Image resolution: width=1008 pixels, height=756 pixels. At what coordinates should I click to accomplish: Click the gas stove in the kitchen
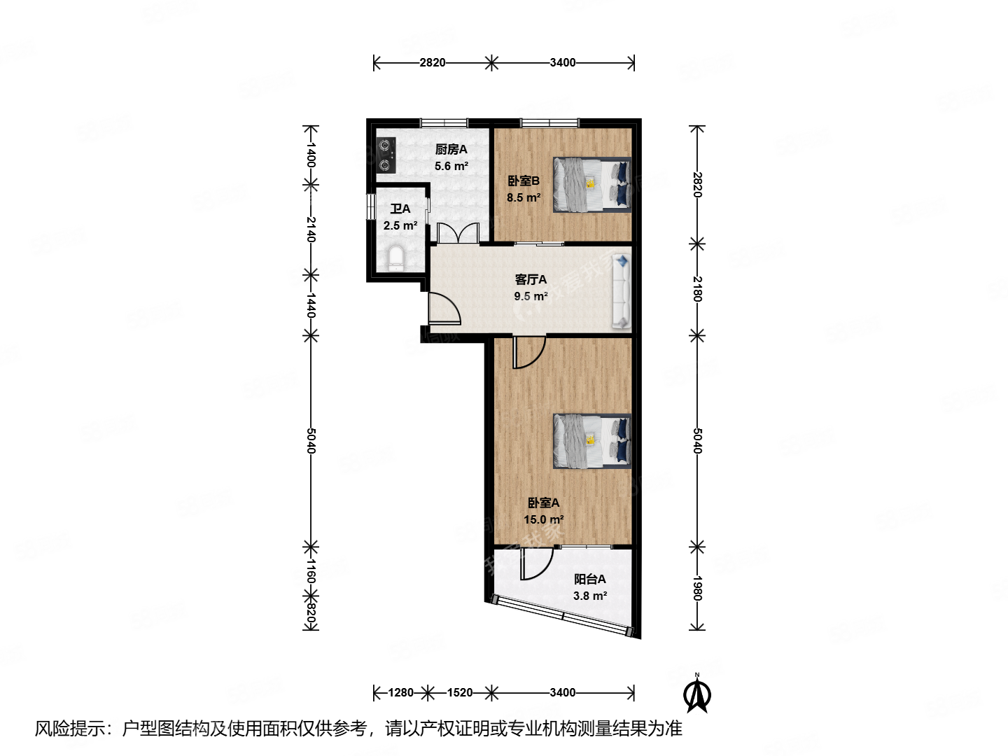[385, 155]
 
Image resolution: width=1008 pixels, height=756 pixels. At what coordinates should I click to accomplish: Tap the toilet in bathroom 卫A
[396, 258]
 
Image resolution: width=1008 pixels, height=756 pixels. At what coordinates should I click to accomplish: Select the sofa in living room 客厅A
[621, 292]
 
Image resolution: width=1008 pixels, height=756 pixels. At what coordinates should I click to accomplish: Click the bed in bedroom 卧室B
[592, 184]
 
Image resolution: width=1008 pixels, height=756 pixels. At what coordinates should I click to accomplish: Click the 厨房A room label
[451, 149]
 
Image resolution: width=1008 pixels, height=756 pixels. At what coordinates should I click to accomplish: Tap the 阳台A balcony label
[589, 579]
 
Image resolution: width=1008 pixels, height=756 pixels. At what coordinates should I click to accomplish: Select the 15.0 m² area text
[543, 519]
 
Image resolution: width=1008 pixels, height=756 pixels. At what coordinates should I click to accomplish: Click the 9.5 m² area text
[531, 296]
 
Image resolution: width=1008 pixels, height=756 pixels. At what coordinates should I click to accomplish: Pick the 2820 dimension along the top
[433, 62]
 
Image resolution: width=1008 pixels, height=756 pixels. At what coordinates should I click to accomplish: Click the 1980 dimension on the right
[696, 588]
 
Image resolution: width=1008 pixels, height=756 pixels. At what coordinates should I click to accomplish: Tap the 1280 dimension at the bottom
[401, 692]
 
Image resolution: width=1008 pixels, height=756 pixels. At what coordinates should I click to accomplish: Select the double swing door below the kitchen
[458, 233]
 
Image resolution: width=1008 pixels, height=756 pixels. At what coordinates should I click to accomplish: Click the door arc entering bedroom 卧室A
[528, 352]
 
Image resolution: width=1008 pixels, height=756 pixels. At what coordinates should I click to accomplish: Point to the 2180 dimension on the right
[696, 288]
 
